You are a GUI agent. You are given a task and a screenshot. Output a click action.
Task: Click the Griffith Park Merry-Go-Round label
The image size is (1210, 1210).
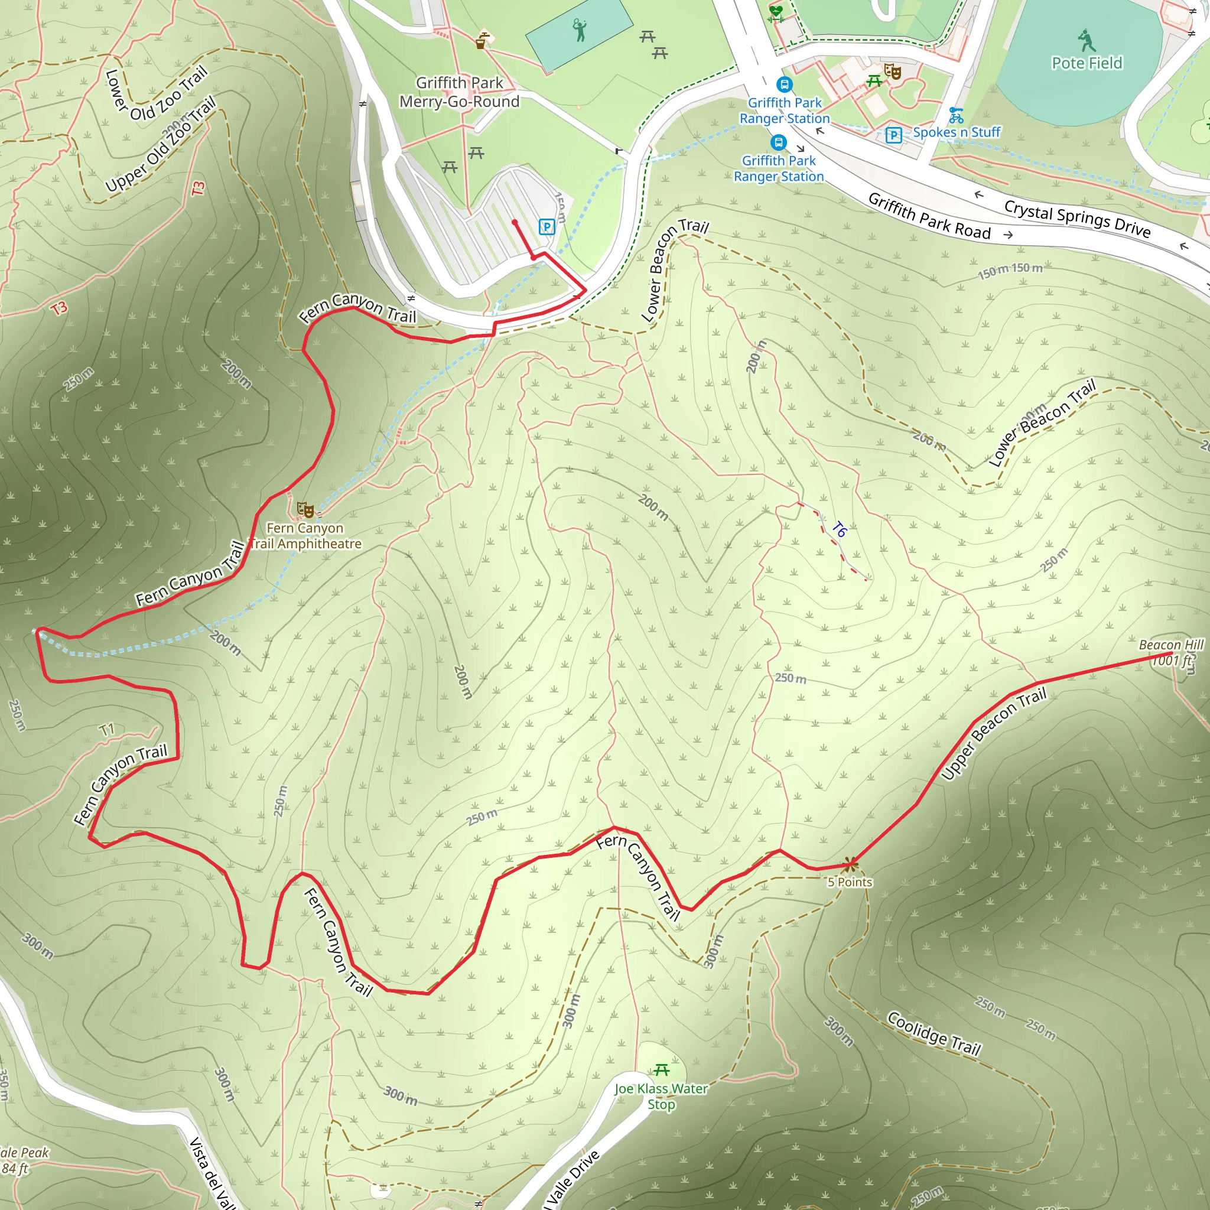[459, 92]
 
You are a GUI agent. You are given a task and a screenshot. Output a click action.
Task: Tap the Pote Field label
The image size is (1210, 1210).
[1087, 63]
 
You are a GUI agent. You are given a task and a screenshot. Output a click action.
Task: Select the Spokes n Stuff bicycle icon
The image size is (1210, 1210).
[956, 116]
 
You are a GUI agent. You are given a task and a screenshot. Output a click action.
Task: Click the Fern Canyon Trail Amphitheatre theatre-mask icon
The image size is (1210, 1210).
[305, 509]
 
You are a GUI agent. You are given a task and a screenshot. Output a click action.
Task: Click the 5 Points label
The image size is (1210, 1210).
[849, 882]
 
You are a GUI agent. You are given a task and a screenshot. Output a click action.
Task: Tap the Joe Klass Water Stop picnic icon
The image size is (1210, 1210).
[661, 1070]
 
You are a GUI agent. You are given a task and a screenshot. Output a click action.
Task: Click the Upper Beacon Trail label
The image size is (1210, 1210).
[993, 733]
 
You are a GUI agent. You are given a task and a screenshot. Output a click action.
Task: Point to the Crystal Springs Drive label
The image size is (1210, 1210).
[1077, 219]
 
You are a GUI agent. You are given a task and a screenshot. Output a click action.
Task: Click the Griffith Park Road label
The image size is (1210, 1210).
[929, 216]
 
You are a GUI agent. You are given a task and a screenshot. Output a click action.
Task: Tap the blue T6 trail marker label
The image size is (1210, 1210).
[839, 530]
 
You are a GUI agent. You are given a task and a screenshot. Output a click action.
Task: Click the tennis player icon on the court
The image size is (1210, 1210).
[580, 30]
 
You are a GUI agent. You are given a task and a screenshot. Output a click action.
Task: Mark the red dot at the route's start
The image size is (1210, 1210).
[515, 222]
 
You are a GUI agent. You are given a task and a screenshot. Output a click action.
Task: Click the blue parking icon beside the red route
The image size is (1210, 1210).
[547, 227]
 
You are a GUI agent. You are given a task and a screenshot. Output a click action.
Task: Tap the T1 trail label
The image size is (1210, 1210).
[107, 730]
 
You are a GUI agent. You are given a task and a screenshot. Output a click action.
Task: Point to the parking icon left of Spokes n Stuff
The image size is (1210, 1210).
[894, 135]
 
